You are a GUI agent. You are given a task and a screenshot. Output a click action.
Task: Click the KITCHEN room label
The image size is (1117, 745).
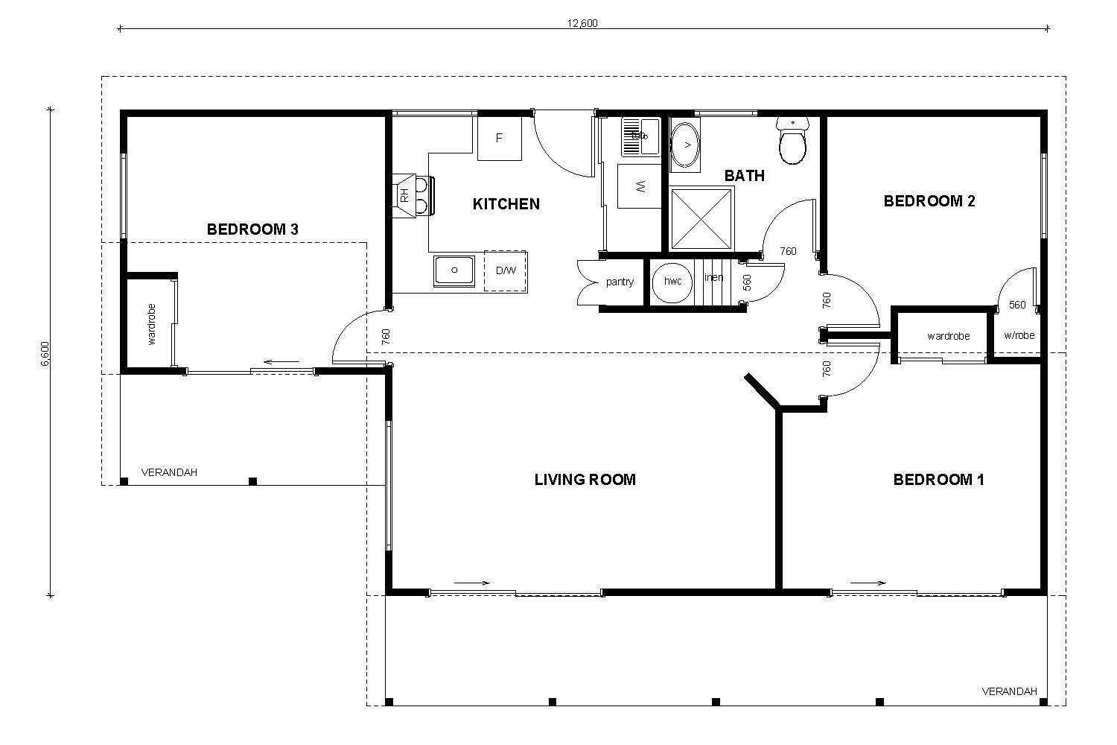506,204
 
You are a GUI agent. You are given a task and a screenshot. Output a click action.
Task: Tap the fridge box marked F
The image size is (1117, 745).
500,138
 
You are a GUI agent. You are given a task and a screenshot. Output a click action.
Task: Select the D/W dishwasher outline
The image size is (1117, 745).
506,270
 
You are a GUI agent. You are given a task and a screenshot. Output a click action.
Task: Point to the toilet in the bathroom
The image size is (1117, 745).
792,143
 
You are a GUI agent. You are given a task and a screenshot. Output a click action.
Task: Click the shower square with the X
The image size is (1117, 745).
701,219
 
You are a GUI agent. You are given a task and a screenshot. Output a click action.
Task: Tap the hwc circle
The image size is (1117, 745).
672,282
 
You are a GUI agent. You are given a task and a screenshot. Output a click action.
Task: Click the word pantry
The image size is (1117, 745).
619,282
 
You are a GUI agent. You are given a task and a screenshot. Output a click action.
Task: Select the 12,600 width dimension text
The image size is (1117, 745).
582,22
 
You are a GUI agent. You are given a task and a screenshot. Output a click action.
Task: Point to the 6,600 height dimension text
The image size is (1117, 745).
45,354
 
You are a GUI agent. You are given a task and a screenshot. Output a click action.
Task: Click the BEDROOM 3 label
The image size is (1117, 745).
252,229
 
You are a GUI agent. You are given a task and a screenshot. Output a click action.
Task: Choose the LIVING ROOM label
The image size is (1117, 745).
585,480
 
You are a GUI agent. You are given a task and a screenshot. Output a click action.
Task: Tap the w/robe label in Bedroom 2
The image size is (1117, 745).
1019,335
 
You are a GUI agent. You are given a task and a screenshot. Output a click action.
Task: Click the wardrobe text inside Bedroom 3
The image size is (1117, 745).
152,323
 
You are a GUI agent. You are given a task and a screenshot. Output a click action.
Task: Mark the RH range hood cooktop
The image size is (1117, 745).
414,195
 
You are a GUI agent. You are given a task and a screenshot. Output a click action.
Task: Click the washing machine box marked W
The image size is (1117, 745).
640,187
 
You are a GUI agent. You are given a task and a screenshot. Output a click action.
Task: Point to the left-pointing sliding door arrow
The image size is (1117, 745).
281,363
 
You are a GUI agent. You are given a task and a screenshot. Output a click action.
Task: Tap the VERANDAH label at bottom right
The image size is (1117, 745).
1009,691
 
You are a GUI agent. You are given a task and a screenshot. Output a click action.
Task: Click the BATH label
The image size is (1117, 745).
744,176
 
